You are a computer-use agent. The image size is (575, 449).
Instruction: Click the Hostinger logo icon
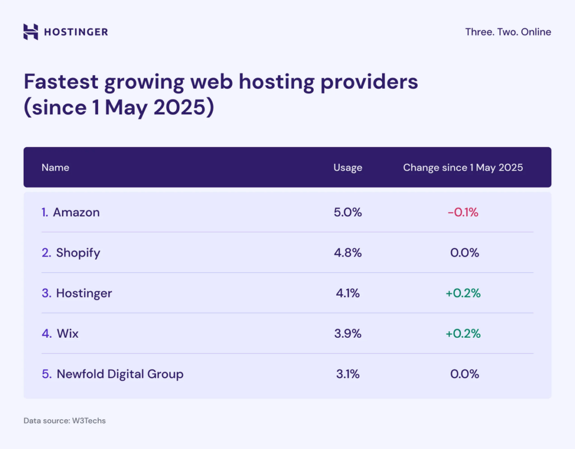(31, 32)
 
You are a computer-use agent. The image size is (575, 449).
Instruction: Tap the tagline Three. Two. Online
(508, 32)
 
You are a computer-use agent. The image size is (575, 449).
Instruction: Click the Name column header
(55, 167)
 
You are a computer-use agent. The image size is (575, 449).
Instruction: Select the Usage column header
(348, 167)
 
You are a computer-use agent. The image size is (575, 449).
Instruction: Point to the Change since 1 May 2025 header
(463, 167)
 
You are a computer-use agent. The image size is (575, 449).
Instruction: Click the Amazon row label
(76, 212)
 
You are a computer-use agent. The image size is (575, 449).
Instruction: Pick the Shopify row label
(77, 253)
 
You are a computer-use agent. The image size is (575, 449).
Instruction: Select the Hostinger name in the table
(84, 293)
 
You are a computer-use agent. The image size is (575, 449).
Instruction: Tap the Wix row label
(67, 333)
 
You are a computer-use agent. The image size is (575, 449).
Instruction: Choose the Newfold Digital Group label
(120, 374)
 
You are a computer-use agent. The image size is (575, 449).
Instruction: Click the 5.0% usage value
(348, 212)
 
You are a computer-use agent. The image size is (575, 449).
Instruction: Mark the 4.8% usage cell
(348, 253)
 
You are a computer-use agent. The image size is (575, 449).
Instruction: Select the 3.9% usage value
(348, 333)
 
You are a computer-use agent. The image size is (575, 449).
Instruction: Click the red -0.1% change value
(463, 212)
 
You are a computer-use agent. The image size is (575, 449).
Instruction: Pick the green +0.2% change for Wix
(463, 333)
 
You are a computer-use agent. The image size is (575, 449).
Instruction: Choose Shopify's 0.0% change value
(464, 253)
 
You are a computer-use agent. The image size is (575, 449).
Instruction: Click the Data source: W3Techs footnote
(64, 420)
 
